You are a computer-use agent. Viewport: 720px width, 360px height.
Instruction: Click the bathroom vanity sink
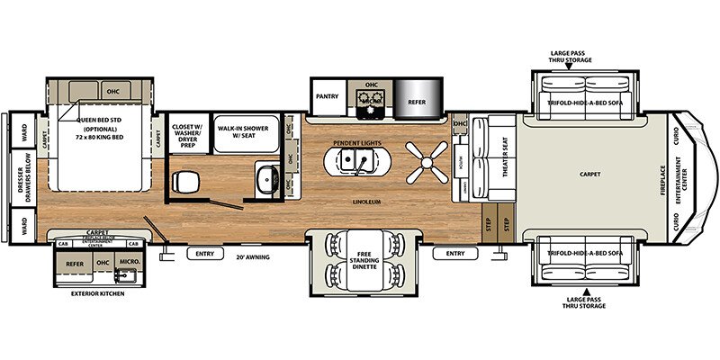pyautogui.click(x=265, y=180)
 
